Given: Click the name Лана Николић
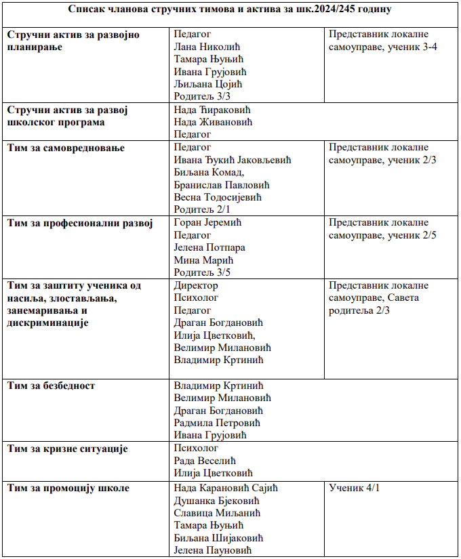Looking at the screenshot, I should [207, 47].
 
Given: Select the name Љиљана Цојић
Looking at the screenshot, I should [207, 84].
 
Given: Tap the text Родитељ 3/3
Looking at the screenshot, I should [202, 96].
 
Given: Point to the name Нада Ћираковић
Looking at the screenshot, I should [212, 110].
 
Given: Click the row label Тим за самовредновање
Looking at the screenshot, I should [66, 148].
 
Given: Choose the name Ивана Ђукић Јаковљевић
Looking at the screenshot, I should [232, 160].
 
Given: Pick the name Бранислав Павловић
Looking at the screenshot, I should [222, 185].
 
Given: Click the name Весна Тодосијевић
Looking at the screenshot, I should [218, 197].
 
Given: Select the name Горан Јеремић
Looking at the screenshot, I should [207, 223].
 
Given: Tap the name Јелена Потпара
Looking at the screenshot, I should [209, 247].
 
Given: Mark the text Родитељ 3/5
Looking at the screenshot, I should [202, 273].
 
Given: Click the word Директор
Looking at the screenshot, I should [196, 285].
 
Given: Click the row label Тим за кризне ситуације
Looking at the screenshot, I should [67, 449].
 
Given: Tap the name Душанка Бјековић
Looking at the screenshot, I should [216, 501].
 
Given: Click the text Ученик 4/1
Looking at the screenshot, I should [354, 488].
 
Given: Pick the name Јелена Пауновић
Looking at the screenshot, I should [213, 550].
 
